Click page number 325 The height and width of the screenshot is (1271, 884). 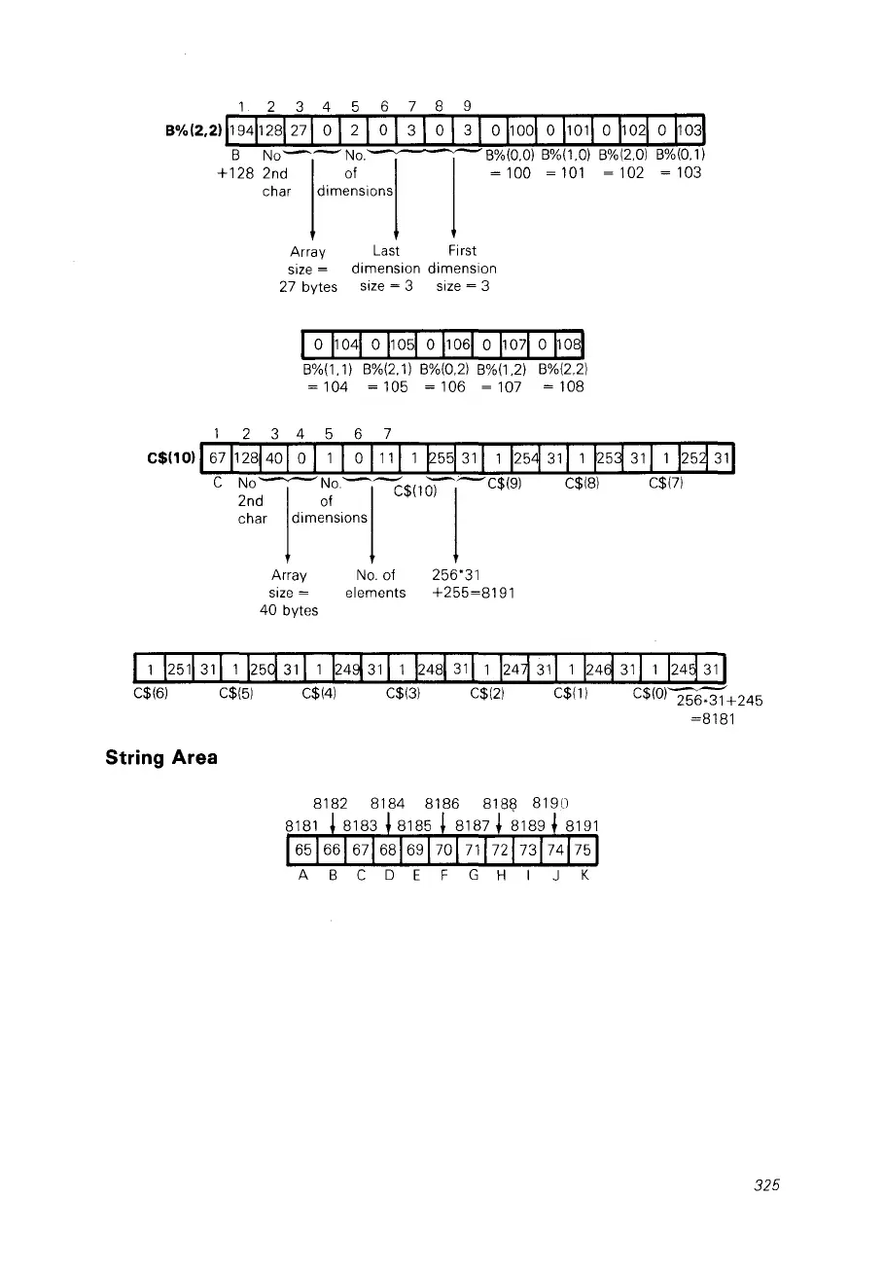click(767, 1185)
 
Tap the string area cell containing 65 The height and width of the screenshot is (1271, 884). click(303, 849)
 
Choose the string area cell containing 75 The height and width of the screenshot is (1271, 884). click(583, 849)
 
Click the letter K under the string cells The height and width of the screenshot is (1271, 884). click(583, 875)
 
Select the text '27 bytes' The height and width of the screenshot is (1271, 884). click(308, 286)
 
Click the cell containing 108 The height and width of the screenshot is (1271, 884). click(569, 345)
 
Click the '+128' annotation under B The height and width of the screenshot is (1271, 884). click(234, 173)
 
